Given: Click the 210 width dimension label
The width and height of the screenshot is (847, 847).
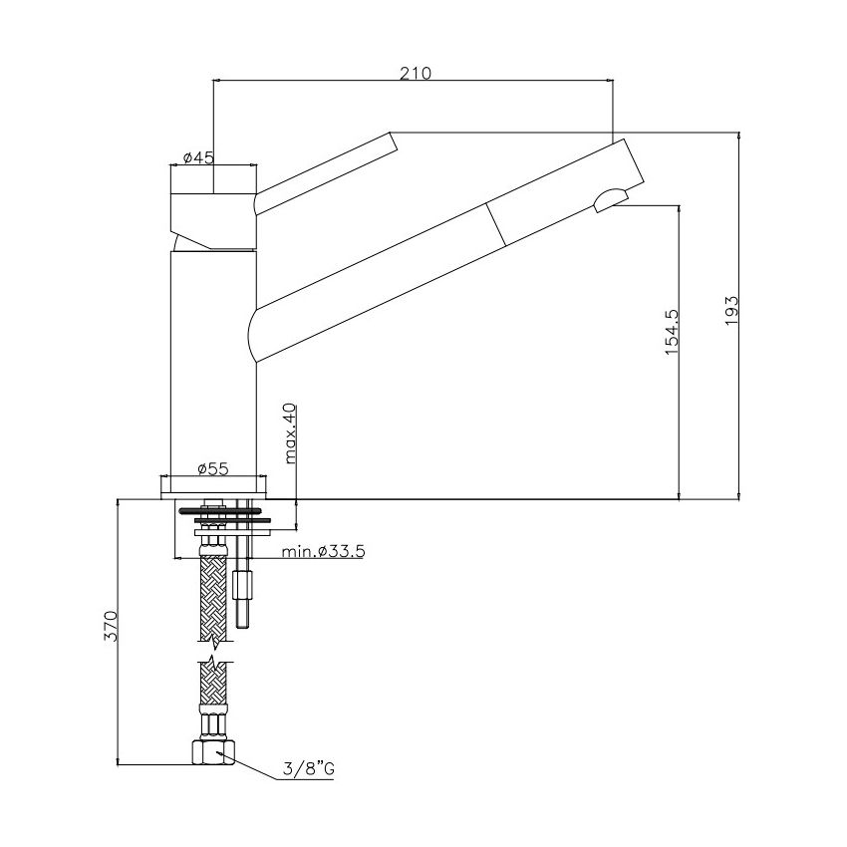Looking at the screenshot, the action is point(416,73).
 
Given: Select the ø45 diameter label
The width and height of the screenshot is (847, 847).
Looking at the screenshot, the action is point(198,157).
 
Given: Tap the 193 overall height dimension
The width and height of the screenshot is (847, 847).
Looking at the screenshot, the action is point(731,310).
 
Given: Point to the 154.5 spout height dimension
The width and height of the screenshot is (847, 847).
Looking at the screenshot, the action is point(671,331).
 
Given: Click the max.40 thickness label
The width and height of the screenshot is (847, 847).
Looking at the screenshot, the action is point(290,433).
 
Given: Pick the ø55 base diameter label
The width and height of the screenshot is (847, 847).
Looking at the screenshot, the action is point(213,469).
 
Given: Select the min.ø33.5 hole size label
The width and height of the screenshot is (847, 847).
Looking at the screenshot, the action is point(324,551).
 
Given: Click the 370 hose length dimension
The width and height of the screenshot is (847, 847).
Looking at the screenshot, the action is point(111,626).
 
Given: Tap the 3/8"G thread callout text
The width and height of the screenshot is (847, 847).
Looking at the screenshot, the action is point(309,767).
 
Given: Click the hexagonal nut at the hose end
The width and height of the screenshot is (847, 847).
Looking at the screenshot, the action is point(214,752).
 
